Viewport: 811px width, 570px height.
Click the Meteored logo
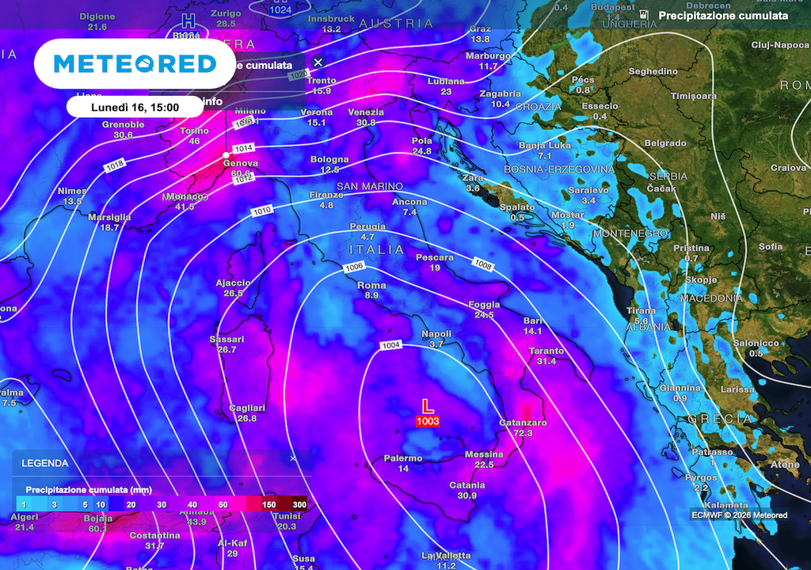pyautogui.click(x=134, y=64)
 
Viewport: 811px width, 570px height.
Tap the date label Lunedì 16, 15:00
pyautogui.click(x=134, y=107)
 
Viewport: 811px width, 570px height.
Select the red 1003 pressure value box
pyautogui.click(x=428, y=421)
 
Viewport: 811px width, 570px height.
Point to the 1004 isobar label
pyautogui.click(x=391, y=345)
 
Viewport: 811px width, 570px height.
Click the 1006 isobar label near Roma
pyautogui.click(x=354, y=268)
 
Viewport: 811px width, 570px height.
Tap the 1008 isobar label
pyautogui.click(x=483, y=263)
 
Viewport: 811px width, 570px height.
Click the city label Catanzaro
pyautogui.click(x=523, y=423)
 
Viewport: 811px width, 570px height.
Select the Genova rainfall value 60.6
pyautogui.click(x=241, y=173)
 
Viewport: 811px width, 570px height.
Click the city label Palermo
pyautogui.click(x=403, y=458)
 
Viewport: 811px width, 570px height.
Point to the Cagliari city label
pyautogui.click(x=247, y=408)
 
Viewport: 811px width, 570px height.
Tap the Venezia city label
pyautogui.click(x=366, y=112)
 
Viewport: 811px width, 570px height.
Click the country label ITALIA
pyautogui.click(x=371, y=249)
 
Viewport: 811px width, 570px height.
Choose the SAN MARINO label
pyautogui.click(x=370, y=186)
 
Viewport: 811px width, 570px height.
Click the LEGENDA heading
pyautogui.click(x=44, y=463)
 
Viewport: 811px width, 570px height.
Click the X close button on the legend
pyautogui.click(x=292, y=458)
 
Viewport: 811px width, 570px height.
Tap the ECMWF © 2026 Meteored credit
pyautogui.click(x=738, y=515)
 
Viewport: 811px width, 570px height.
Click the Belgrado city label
pyautogui.click(x=665, y=143)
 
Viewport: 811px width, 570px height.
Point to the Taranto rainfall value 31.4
pyautogui.click(x=546, y=361)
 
